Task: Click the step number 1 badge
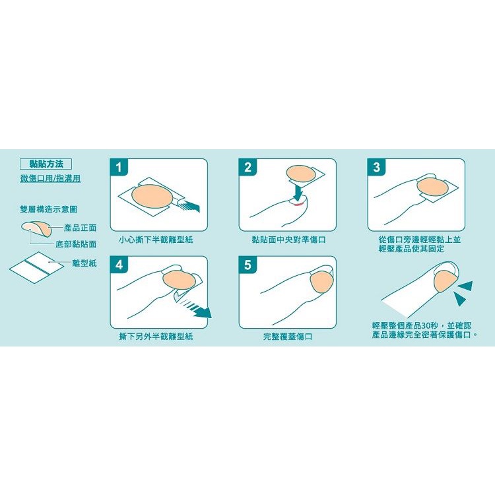(x=118, y=167)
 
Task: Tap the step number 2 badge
(x=247, y=167)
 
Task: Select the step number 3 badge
(x=376, y=167)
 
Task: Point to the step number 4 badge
(x=118, y=265)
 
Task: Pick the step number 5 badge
(x=247, y=265)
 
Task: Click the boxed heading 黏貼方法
(x=46, y=164)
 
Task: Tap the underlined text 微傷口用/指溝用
(x=50, y=178)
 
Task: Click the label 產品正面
(x=80, y=228)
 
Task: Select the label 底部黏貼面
(x=76, y=244)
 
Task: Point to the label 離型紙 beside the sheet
(x=84, y=263)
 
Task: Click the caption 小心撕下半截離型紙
(x=156, y=240)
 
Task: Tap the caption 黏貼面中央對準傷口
(x=289, y=240)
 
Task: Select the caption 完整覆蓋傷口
(x=288, y=337)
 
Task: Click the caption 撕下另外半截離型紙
(x=156, y=337)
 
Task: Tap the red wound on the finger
(x=298, y=205)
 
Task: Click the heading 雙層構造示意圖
(x=49, y=209)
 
